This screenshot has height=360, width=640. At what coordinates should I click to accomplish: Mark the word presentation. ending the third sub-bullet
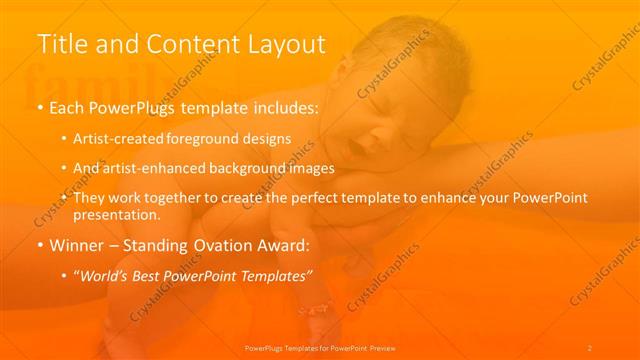click(x=117, y=214)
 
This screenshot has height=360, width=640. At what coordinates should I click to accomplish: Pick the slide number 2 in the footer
click(x=590, y=347)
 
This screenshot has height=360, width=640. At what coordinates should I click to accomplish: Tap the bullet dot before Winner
click(x=39, y=245)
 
